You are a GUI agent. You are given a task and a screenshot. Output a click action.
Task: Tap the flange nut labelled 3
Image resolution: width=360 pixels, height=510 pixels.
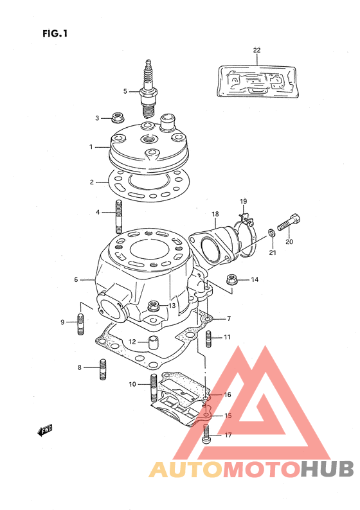116,118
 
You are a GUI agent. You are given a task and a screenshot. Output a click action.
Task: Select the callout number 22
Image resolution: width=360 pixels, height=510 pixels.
256,50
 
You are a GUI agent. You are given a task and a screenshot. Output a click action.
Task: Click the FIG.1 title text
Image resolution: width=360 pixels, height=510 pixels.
55,33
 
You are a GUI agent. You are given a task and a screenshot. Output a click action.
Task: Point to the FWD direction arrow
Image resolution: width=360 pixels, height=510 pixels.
44,430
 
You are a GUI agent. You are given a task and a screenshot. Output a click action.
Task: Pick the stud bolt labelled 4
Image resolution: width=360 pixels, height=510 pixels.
119,216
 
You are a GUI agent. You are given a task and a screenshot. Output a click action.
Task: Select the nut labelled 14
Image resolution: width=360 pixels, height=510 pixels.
232,279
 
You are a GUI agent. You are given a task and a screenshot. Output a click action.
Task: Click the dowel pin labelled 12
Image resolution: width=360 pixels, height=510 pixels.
152,343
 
